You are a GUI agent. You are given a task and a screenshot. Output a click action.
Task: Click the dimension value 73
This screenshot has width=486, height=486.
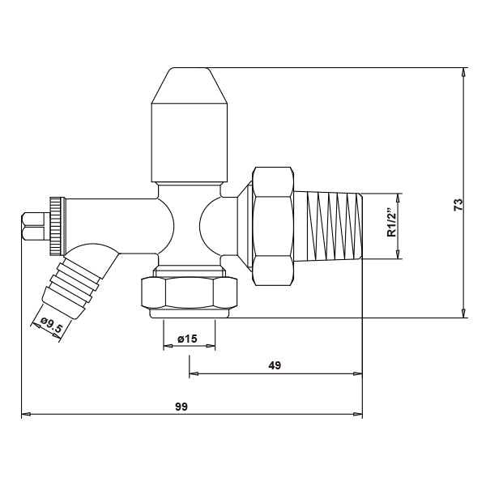click(x=458, y=204)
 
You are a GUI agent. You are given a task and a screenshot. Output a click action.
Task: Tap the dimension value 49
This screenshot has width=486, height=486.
click(x=275, y=366)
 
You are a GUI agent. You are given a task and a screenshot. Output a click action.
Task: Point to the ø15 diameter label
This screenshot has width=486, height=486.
click(x=190, y=339)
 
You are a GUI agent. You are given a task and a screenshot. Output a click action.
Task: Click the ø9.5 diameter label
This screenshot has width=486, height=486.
click(x=51, y=326)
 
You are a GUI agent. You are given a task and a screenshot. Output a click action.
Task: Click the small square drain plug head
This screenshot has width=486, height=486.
click(x=32, y=226)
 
